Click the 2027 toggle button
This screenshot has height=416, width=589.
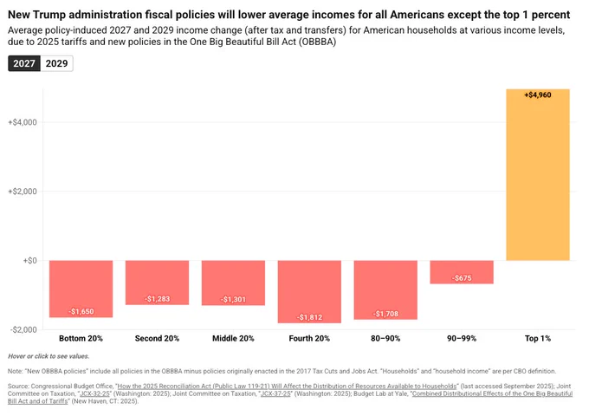(24, 63)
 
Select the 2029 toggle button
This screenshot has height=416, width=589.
(56, 63)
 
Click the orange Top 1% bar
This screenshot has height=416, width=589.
(538, 175)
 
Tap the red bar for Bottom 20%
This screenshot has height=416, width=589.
(81, 289)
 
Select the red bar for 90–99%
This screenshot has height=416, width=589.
(462, 272)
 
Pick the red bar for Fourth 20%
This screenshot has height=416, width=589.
(309, 291)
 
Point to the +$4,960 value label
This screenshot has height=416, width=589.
(538, 95)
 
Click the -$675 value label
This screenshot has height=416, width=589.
(462, 278)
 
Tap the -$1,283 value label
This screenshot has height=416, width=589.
(157, 299)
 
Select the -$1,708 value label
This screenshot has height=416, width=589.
(385, 314)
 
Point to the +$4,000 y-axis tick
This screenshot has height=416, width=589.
(23, 122)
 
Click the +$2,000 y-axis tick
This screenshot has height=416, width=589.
(23, 192)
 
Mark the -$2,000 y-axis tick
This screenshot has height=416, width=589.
(23, 330)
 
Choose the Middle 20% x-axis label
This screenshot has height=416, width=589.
(233, 339)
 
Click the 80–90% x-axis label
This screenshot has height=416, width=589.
(385, 339)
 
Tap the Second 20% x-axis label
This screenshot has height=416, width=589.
(157, 339)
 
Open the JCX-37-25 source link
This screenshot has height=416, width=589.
(275, 393)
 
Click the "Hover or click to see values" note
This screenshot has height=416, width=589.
(49, 356)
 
